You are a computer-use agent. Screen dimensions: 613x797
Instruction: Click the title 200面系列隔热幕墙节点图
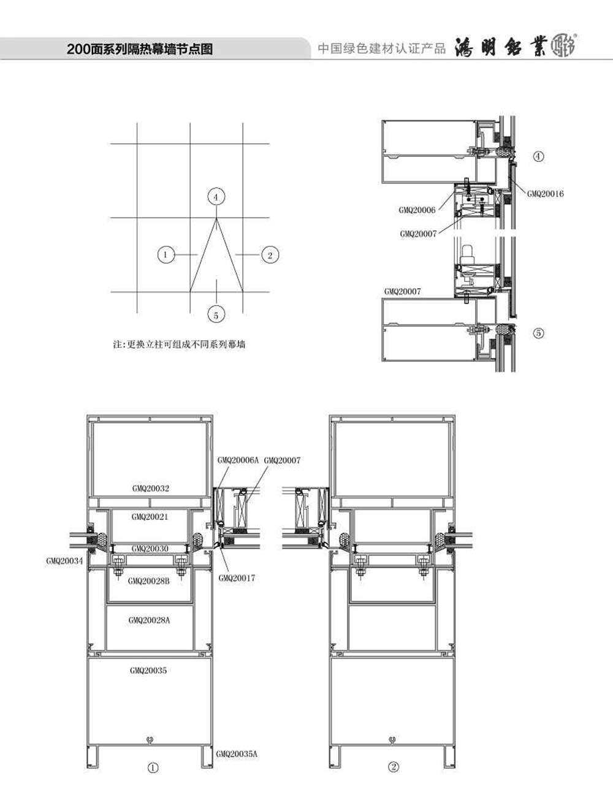[x=140, y=49]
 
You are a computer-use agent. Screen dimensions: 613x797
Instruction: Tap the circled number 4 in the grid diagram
[x=216, y=197]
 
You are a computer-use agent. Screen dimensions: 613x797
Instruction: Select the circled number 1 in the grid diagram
[x=166, y=255]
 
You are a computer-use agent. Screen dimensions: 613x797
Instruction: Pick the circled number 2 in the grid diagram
[x=270, y=255]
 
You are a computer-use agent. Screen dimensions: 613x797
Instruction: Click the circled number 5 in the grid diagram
[x=216, y=315]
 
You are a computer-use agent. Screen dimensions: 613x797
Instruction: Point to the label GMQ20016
[x=545, y=194]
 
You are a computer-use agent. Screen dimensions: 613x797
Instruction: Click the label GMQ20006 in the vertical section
[x=417, y=210]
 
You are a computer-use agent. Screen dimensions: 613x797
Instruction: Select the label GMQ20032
[x=151, y=488]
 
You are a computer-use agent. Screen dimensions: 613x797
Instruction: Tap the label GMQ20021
[x=150, y=517]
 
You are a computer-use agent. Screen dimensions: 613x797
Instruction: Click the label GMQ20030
[x=150, y=548]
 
